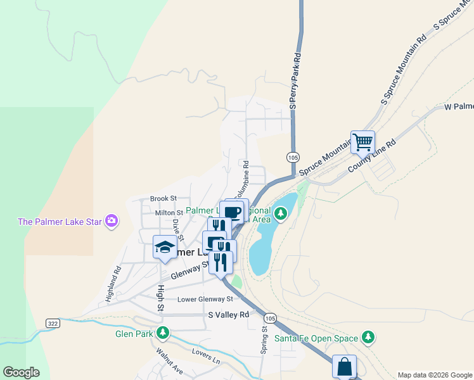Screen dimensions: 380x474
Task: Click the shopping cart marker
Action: coord(362,142)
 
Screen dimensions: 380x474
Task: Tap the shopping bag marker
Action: coord(344,367)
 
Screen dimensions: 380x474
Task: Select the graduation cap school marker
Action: coord(165,247)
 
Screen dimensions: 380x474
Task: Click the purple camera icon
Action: coord(112,220)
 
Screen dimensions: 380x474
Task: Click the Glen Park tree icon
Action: coord(163,332)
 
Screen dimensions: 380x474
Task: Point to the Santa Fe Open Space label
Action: coord(316,338)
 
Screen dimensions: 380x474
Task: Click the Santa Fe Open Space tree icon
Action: coord(367,337)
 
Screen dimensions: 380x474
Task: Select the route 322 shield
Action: coord(53,323)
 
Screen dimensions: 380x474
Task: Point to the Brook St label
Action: coord(163,199)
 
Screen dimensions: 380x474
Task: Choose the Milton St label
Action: coord(169,213)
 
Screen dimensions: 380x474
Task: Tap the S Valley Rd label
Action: coord(229,315)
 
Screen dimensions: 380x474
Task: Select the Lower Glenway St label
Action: coord(205,300)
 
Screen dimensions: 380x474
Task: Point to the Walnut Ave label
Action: coord(169,360)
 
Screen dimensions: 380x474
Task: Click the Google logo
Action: coord(21,372)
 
